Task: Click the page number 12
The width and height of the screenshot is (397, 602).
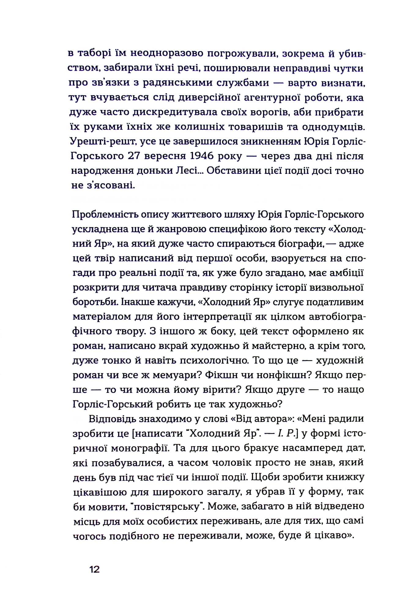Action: [x=95, y=570]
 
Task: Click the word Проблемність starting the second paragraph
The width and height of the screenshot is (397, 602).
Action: [x=104, y=214]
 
